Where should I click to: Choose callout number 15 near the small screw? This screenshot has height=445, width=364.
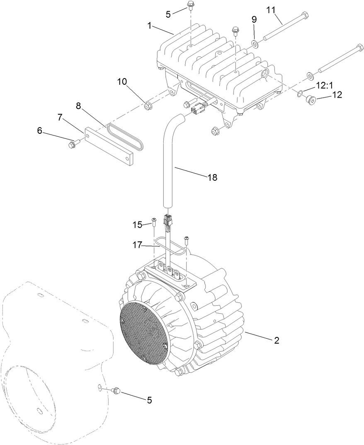137,225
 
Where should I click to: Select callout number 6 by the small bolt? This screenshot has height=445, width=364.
40,130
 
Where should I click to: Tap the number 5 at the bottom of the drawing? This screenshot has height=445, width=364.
149,400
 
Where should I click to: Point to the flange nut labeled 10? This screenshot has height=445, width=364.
147,107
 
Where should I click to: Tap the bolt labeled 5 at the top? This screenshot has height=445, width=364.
191,6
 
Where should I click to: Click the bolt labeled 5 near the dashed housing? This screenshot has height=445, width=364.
116,390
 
